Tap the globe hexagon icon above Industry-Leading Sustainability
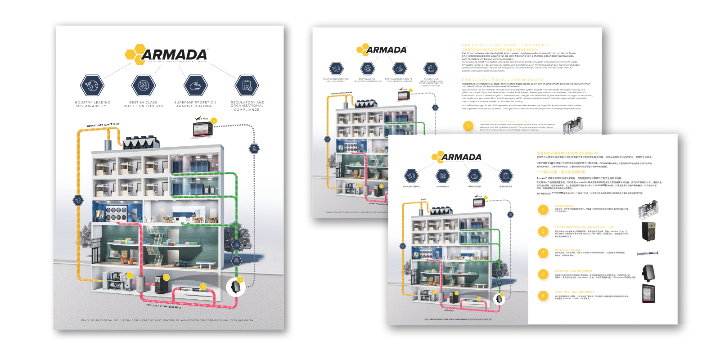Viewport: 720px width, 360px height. coord(92,85)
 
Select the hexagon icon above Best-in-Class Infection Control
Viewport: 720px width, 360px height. coord(144,85)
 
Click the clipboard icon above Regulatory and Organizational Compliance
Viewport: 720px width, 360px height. coord(247,85)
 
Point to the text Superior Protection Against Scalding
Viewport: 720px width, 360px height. coord(195,104)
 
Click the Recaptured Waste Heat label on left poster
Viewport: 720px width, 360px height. coord(103,125)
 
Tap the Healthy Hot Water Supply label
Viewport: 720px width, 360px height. coord(164,306)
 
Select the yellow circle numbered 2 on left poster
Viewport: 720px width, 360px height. coord(166,277)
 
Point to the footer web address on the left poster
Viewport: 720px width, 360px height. coord(167,320)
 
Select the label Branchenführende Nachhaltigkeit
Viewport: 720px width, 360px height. coord(336,80)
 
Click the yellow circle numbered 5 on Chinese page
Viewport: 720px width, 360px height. coord(543,296)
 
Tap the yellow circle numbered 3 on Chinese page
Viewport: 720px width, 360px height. coord(543,253)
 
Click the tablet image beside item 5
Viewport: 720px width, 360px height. coord(648,293)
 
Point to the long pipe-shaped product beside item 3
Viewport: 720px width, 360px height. coord(648,254)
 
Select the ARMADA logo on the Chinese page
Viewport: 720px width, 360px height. coord(457,157)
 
